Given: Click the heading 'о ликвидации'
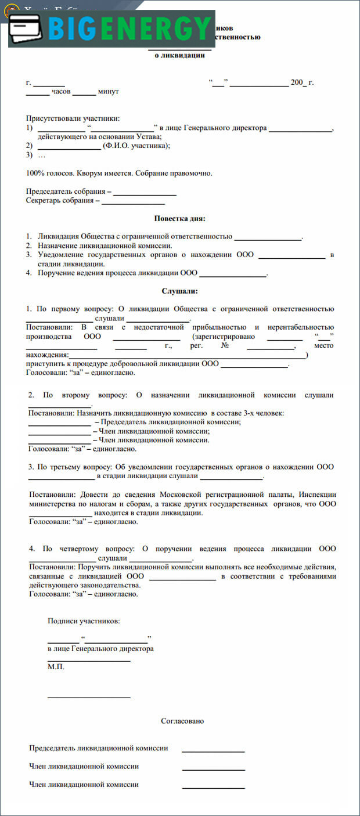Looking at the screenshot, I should pyautogui.click(x=179, y=55).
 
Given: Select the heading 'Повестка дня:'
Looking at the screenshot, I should pyautogui.click(x=179, y=218).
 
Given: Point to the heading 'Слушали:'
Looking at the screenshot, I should pyautogui.click(x=179, y=291).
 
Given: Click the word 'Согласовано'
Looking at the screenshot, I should pyautogui.click(x=182, y=721).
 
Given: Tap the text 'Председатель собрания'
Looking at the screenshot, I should pyautogui.click(x=66, y=191).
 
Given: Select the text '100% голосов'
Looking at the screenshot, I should pyautogui.click(x=49, y=173).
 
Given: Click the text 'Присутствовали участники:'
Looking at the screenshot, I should pyautogui.click(x=73, y=118).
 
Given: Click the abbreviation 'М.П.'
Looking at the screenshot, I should pyautogui.click(x=56, y=667).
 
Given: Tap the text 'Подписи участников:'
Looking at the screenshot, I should pyautogui.click(x=84, y=621).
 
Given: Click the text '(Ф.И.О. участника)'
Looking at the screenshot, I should pyautogui.click(x=136, y=146).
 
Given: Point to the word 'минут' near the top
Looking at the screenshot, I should pyautogui.click(x=108, y=92).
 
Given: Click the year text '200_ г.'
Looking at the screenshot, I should pyautogui.click(x=302, y=82).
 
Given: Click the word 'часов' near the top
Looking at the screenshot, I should pyautogui.click(x=61, y=92).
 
